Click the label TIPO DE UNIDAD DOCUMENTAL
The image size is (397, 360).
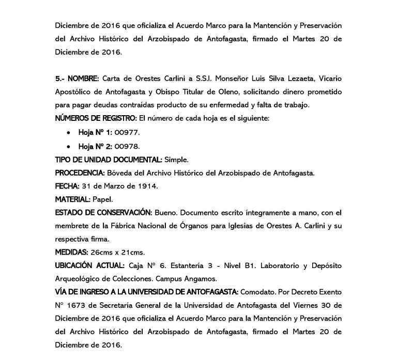pyautogui.click(x=109, y=159)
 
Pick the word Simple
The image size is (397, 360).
pyautogui.click(x=177, y=159)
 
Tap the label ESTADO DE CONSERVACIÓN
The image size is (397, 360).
pyautogui.click(x=103, y=213)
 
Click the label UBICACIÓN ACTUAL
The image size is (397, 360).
pyautogui.click(x=90, y=266)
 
